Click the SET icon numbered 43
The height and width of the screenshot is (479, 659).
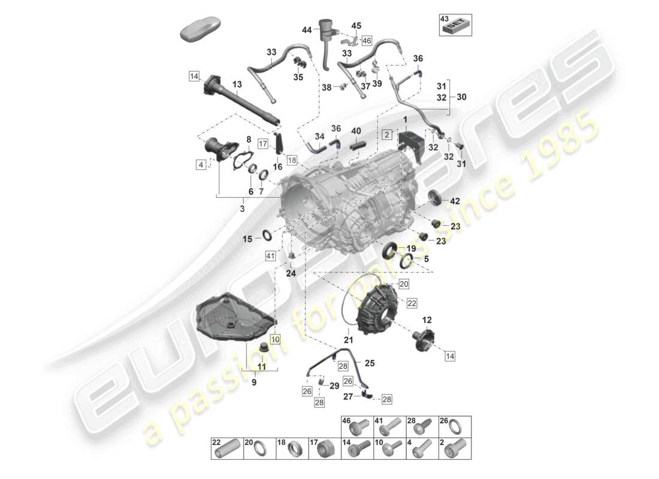click(x=455, y=25)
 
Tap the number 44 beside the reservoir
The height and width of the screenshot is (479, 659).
click(x=307, y=29)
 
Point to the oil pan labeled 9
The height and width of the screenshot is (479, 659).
click(x=234, y=315)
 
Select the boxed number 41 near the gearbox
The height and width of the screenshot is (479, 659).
click(x=271, y=256)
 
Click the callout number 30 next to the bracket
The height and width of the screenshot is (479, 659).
click(x=461, y=96)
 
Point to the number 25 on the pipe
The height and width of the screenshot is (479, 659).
click(x=369, y=363)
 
